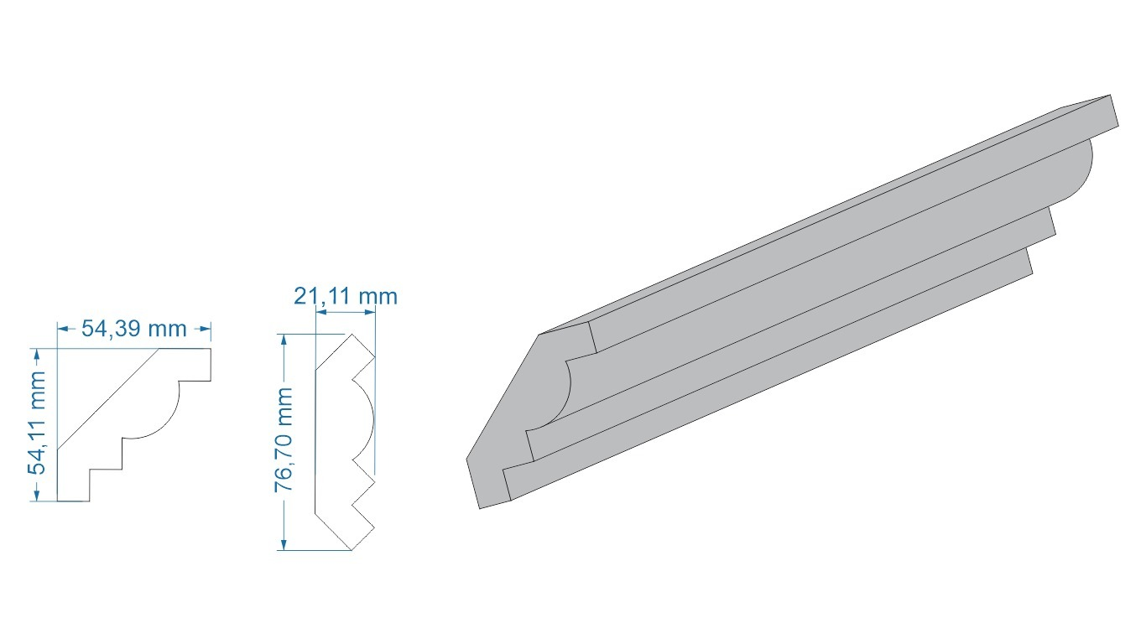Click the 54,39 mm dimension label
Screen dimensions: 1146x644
click(134, 329)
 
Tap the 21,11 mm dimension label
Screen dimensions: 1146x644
click(346, 296)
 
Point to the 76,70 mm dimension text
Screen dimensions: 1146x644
click(283, 440)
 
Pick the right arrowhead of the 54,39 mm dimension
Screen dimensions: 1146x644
click(205, 329)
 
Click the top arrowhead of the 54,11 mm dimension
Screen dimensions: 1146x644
click(36, 355)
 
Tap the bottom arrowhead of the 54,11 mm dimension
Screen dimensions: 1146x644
click(36, 495)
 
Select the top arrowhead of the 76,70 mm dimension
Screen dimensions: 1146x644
click(283, 340)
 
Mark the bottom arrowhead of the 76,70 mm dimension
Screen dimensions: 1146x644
click(283, 543)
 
